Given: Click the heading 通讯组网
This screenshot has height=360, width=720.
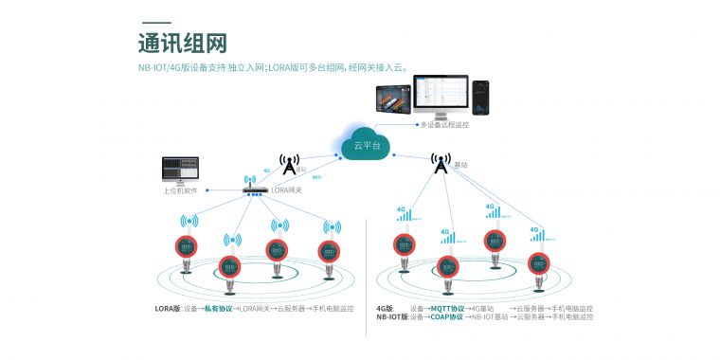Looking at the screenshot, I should click(x=182, y=44).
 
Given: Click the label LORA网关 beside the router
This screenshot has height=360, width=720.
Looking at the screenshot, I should click(x=287, y=189).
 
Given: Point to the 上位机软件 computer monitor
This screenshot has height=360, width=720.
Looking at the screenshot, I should click(x=181, y=170).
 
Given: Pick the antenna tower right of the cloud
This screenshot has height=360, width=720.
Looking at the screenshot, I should click(x=440, y=165).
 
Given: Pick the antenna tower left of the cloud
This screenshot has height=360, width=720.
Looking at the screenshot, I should click(x=289, y=164).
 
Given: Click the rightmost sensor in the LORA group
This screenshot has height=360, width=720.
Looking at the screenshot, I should click(x=328, y=253).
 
